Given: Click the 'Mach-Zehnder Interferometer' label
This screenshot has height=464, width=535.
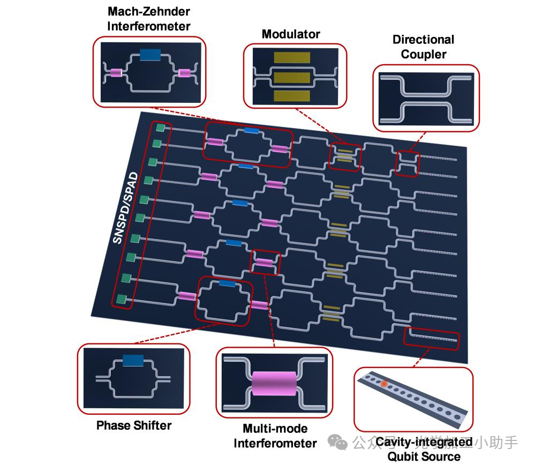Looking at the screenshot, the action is click(x=149, y=18).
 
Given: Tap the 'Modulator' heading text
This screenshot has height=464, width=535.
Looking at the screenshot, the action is click(x=291, y=34).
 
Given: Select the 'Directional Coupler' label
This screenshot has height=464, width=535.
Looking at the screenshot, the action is click(x=423, y=47).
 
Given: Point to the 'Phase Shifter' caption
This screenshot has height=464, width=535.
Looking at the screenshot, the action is click(x=134, y=426).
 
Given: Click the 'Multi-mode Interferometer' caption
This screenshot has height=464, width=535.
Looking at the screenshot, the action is click(x=275, y=436).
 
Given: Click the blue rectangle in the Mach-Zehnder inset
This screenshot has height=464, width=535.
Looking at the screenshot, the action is click(x=150, y=55).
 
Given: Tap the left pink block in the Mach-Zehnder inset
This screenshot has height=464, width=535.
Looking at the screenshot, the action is click(x=116, y=73).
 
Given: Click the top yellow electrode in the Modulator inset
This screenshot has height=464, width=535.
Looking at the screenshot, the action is click(x=292, y=58).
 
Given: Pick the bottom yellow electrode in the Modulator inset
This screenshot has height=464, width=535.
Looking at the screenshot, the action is click(x=292, y=96).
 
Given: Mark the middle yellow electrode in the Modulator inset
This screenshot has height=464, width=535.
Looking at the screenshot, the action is click(x=292, y=78).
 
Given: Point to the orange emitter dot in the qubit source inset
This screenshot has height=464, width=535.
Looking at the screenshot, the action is click(x=383, y=384).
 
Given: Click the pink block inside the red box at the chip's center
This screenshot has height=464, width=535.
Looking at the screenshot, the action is click(x=264, y=262).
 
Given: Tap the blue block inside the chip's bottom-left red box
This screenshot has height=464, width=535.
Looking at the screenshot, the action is click(x=227, y=284).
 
